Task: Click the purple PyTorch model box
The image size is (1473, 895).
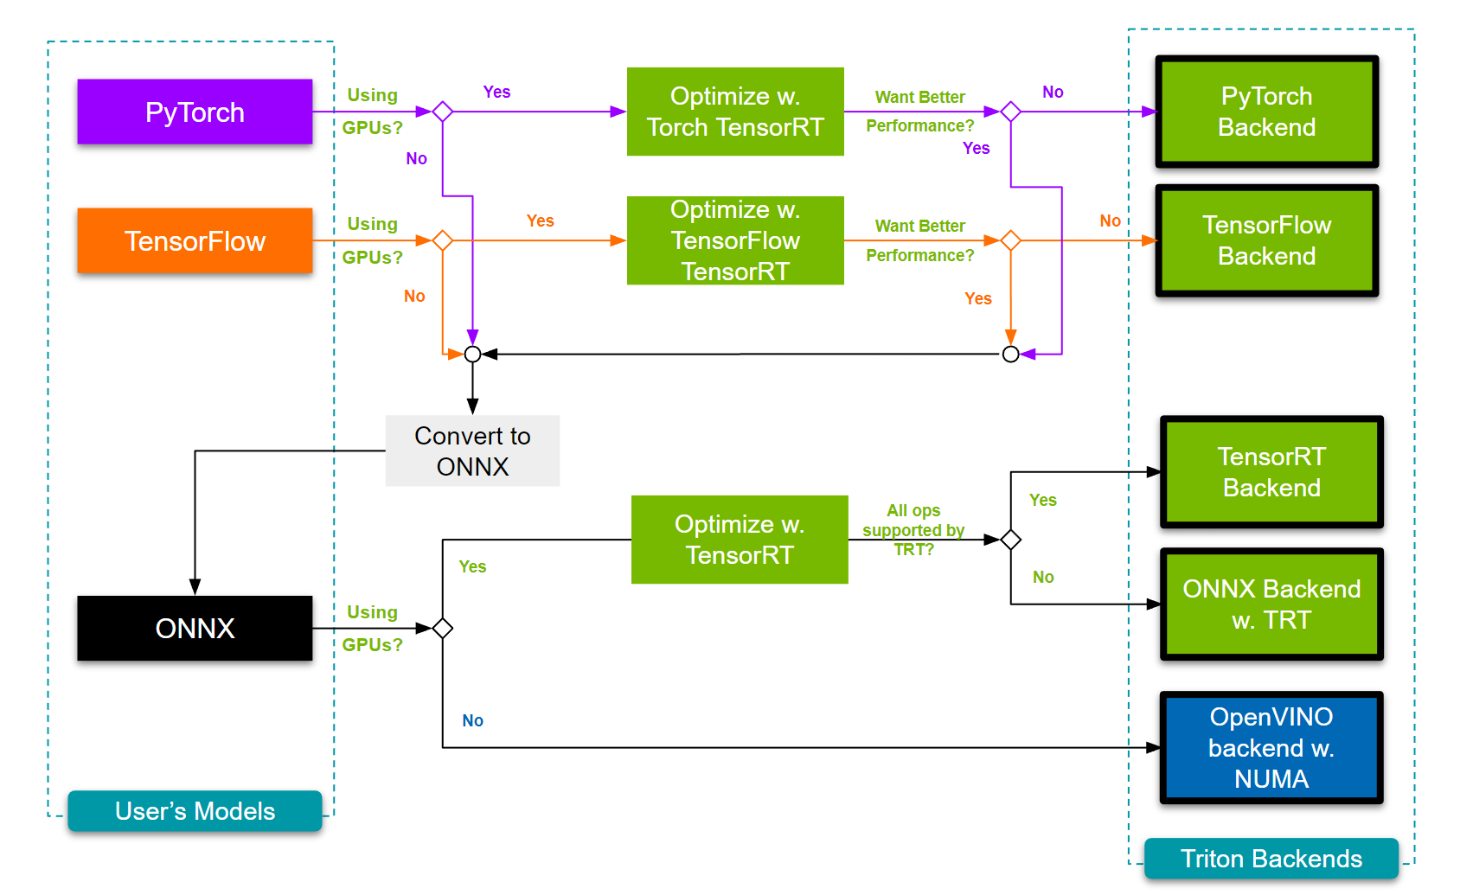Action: click(x=195, y=112)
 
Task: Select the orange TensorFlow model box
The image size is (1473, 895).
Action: click(x=195, y=240)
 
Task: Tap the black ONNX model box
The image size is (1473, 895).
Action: click(x=195, y=628)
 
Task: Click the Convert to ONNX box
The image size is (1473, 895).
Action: click(x=472, y=451)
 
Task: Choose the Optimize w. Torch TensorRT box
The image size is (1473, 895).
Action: click(x=735, y=112)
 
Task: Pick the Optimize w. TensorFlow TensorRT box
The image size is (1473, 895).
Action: click(x=735, y=240)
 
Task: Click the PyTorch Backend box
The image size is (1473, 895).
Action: click(x=1266, y=112)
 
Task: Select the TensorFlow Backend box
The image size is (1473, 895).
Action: click(x=1266, y=240)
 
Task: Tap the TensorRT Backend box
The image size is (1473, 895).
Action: click(x=1271, y=472)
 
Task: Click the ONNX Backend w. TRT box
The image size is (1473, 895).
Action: click(x=1271, y=604)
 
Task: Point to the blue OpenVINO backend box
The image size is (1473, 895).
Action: click(x=1271, y=747)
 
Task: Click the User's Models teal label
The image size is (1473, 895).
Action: click(x=195, y=811)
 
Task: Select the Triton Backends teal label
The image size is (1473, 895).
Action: click(x=1271, y=859)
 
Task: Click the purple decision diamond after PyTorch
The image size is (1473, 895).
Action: click(x=443, y=112)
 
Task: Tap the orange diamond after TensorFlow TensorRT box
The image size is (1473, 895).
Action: click(x=1010, y=240)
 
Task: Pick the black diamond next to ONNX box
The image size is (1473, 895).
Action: click(x=443, y=629)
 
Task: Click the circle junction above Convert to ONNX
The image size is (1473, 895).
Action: click(x=472, y=354)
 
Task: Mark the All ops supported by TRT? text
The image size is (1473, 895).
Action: click(x=913, y=529)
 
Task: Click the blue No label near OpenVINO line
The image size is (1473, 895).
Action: click(x=472, y=720)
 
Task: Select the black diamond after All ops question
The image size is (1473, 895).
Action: click(x=1010, y=540)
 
